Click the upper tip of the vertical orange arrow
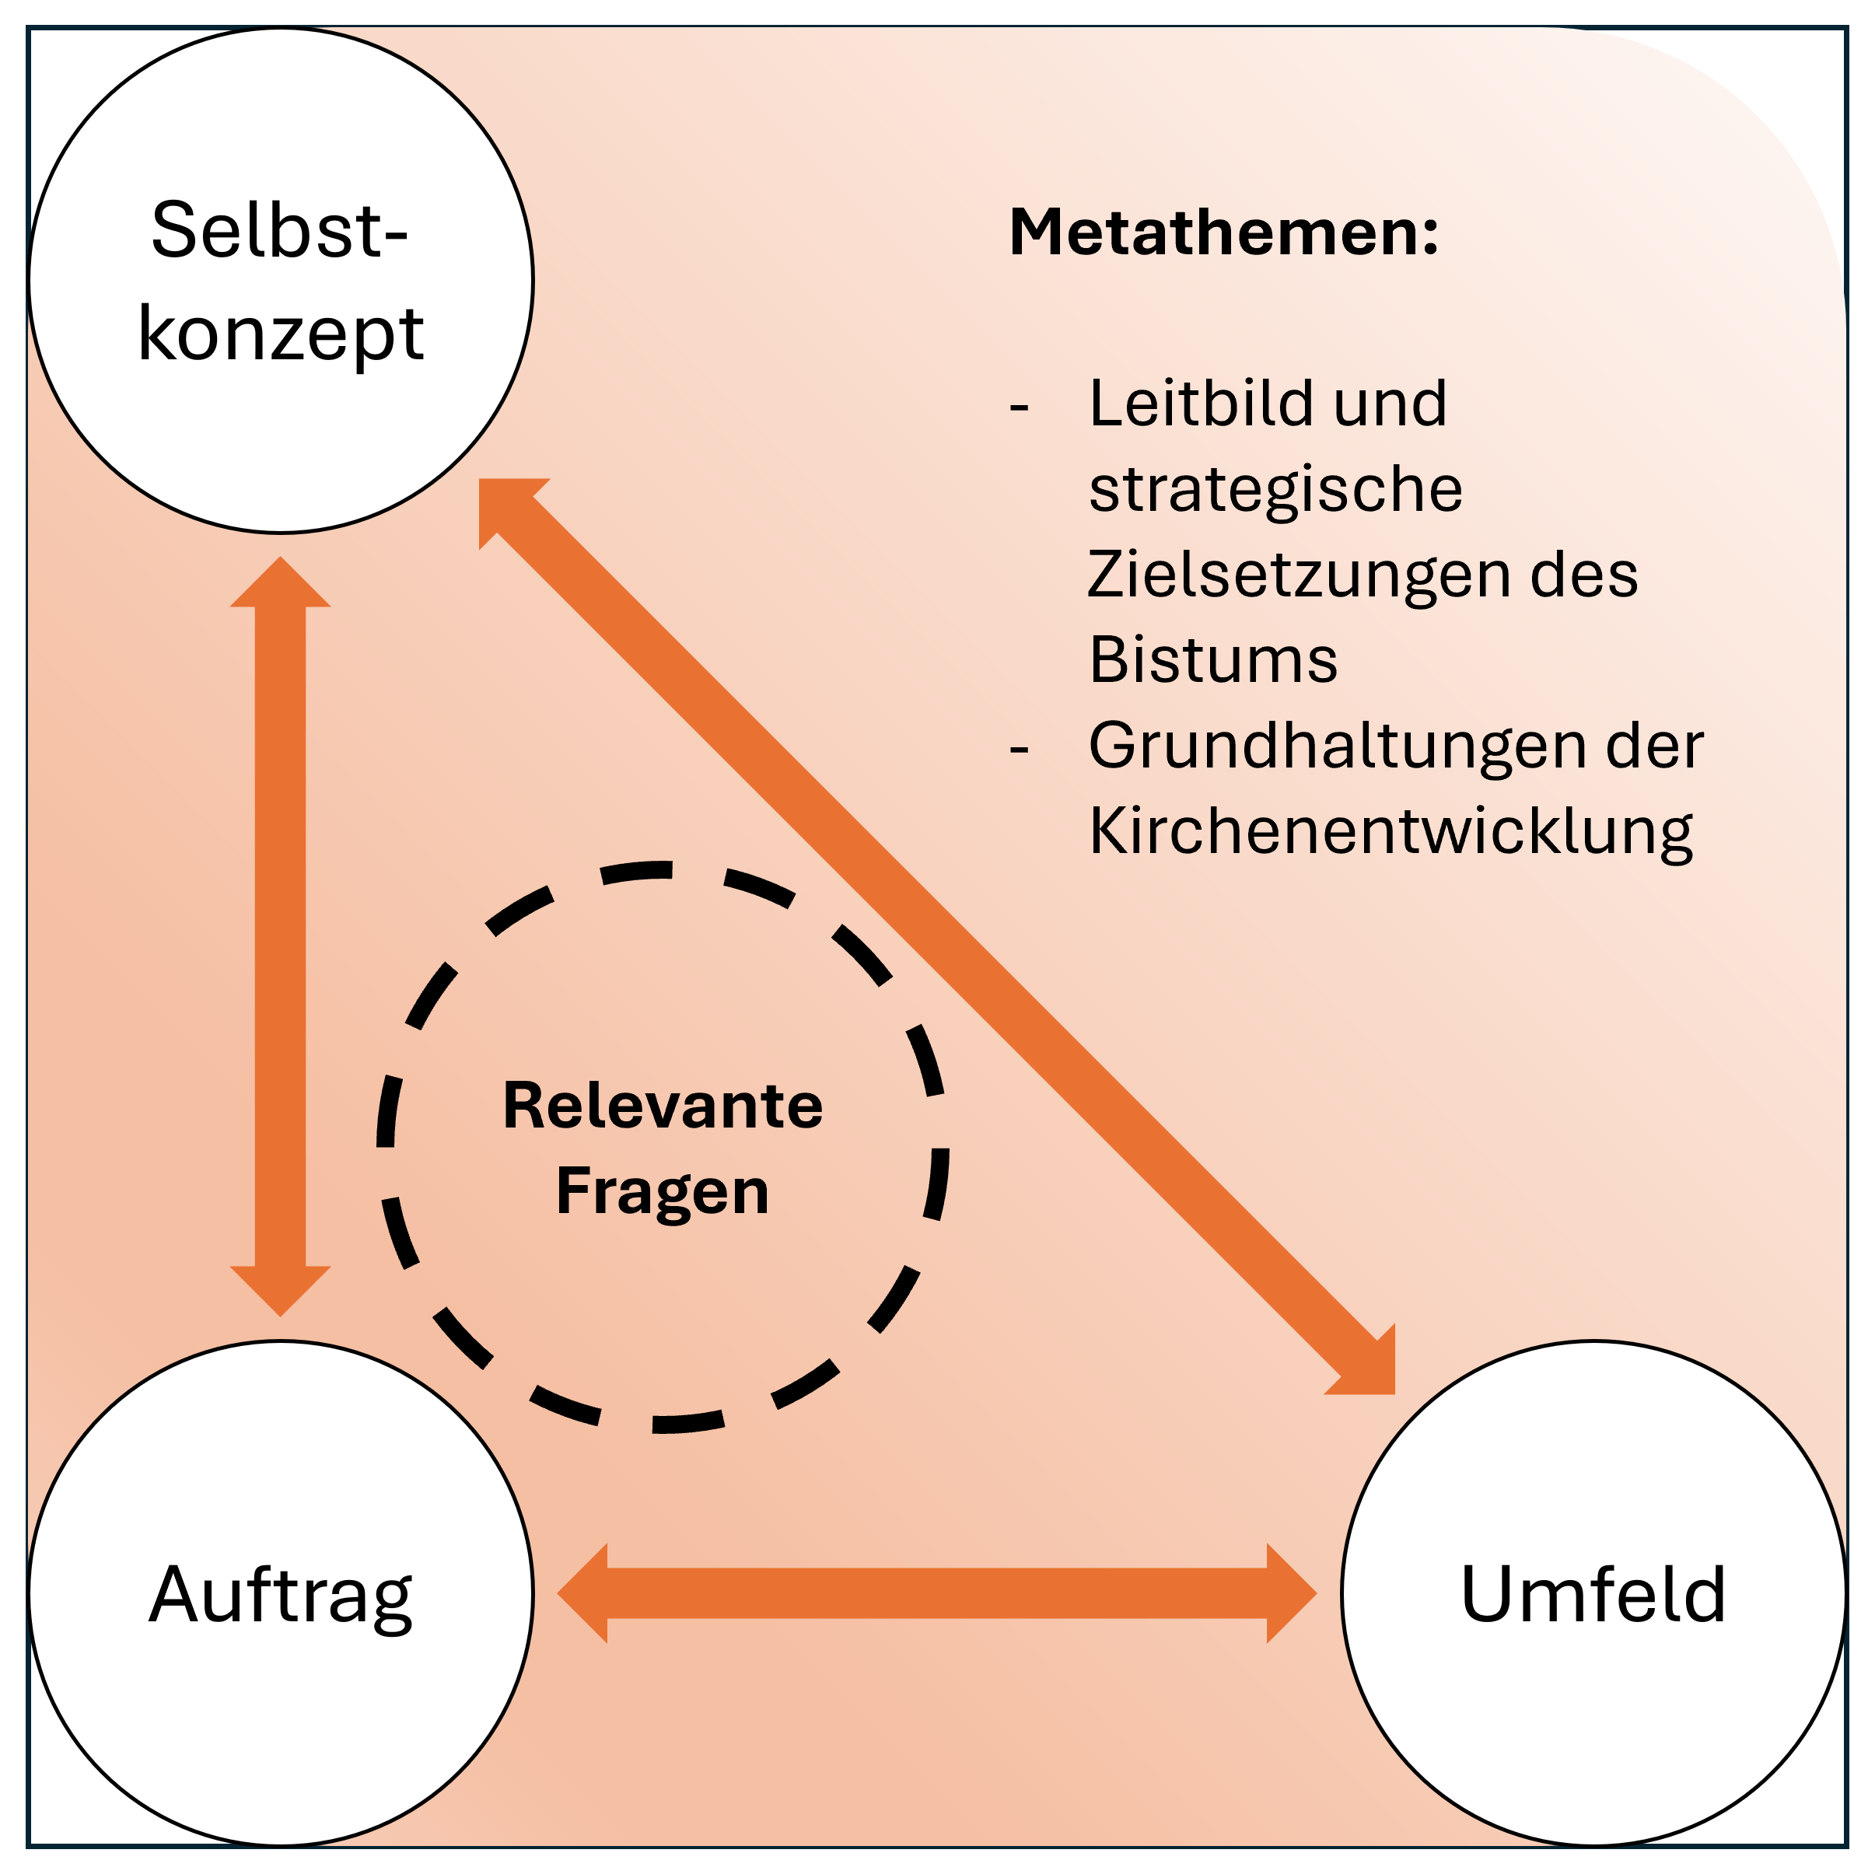pyautogui.click(x=281, y=557)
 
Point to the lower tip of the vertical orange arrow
pyautogui.click(x=281, y=1316)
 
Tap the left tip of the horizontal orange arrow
pyautogui.click(x=558, y=1593)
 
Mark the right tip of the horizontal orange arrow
pyautogui.click(x=1316, y=1593)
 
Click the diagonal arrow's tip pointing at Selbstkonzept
pyautogui.click(x=481, y=481)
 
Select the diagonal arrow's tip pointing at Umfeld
pyautogui.click(x=1394, y=1393)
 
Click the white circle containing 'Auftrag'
pyautogui.click(x=281, y=1593)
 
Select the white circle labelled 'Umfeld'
pyautogui.click(x=1593, y=1593)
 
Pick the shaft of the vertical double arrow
pyautogui.click(x=281, y=936)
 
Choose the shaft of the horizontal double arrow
pyautogui.click(x=936, y=1593)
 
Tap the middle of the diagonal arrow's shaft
pyautogui.click(x=936, y=936)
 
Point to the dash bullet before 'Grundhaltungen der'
pyautogui.click(x=1019, y=750)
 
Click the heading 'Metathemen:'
pyautogui.click(x=1224, y=233)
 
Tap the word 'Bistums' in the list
pyautogui.click(x=1213, y=660)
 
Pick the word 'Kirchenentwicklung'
pyautogui.click(x=1391, y=833)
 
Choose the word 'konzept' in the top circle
pyautogui.click(x=282, y=335)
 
